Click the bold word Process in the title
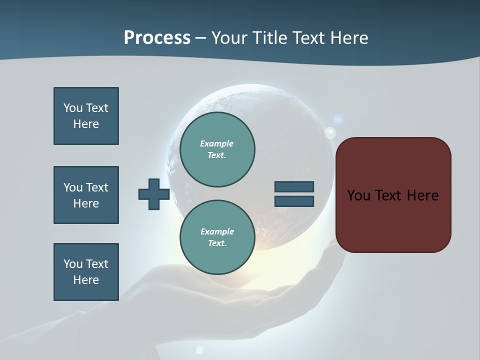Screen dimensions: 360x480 157,38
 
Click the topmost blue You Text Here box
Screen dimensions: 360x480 86,116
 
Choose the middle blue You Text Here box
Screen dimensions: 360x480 86,195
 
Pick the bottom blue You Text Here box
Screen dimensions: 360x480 86,272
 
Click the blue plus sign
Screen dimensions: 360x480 154,194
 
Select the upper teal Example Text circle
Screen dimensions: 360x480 217,149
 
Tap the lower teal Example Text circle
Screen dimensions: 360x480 217,237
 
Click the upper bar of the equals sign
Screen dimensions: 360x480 294,187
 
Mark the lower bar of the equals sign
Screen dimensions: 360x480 294,201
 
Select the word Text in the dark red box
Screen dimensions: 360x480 390,195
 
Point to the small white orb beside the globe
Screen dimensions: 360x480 330,132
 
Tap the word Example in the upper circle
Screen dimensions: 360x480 217,143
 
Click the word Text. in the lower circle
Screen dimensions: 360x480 217,243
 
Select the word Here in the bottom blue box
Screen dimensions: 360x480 86,280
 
